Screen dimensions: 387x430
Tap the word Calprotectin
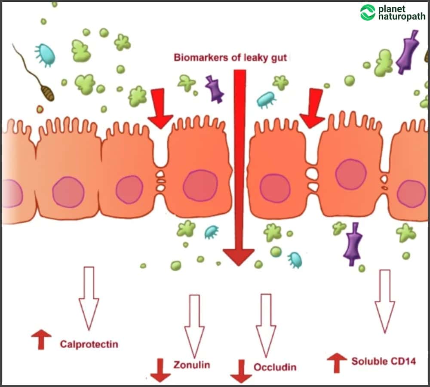click(x=89, y=344)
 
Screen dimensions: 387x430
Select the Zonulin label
click(x=192, y=365)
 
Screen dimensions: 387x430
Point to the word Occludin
click(x=275, y=367)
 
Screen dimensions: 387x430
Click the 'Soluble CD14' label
click(x=384, y=361)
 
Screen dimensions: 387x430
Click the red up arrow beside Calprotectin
click(x=41, y=339)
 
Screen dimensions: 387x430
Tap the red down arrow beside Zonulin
click(x=160, y=371)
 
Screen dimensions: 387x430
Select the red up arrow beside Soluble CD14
click(x=337, y=362)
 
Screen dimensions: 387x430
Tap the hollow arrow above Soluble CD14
click(x=385, y=301)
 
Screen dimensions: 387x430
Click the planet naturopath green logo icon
click(x=368, y=12)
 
